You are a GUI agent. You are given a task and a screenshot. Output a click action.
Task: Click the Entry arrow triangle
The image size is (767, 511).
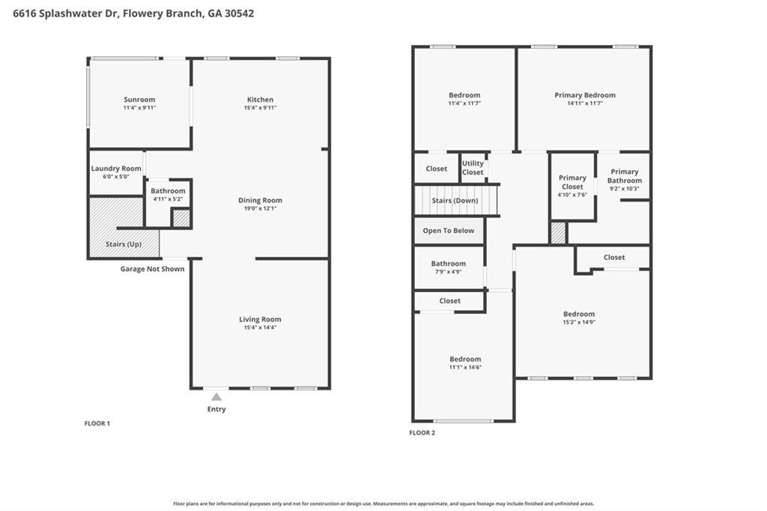pyautogui.click(x=216, y=396)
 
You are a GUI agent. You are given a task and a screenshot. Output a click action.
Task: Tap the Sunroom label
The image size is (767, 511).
pyautogui.click(x=139, y=100)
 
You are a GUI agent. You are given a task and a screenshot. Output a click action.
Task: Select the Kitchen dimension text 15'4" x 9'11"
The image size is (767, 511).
pyautogui.click(x=260, y=108)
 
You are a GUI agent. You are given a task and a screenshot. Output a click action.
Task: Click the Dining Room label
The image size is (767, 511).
pyautogui.click(x=260, y=200)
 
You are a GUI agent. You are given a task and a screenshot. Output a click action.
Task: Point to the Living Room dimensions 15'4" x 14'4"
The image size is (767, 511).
pyautogui.click(x=260, y=327)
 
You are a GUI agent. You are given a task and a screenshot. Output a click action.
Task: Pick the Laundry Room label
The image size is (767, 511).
pyautogui.click(x=116, y=169)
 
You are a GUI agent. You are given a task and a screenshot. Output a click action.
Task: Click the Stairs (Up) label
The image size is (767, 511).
pyautogui.click(x=124, y=244)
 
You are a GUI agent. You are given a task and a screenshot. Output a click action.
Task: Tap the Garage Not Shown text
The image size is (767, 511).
pyautogui.click(x=153, y=269)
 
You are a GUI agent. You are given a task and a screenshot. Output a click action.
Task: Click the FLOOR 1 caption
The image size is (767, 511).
pyautogui.click(x=97, y=423)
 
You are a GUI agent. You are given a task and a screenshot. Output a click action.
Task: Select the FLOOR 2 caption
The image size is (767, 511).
pyautogui.click(x=422, y=432)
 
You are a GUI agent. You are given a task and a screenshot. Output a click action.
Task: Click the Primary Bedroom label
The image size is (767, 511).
pyautogui.click(x=585, y=95)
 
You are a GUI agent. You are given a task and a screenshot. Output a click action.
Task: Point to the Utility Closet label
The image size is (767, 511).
pyautogui.click(x=473, y=168)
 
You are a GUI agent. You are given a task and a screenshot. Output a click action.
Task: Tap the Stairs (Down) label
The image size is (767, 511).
pyautogui.click(x=455, y=201)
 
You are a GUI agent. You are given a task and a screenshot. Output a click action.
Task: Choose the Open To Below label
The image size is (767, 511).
pyautogui.click(x=449, y=231)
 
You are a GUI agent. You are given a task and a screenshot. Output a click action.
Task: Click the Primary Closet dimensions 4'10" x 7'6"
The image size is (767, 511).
pyautogui.click(x=572, y=195)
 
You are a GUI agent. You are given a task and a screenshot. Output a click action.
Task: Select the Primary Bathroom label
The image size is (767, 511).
pyautogui.click(x=625, y=176)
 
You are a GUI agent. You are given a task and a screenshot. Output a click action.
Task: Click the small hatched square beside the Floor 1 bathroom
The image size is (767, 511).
pyautogui.click(x=181, y=218)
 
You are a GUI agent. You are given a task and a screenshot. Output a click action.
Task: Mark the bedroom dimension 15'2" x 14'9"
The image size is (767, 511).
pyautogui.click(x=579, y=322)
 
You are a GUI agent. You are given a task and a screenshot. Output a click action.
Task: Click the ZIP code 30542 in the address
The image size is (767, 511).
pyautogui.click(x=239, y=13)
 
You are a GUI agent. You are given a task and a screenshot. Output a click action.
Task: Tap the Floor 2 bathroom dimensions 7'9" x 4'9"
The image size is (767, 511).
pyautogui.click(x=449, y=272)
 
